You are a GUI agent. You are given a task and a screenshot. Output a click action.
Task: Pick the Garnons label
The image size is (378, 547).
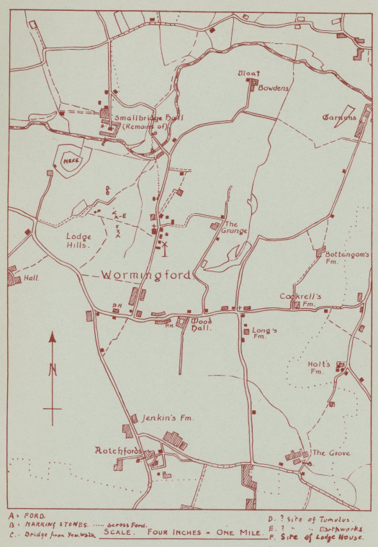[x=339, y=117]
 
